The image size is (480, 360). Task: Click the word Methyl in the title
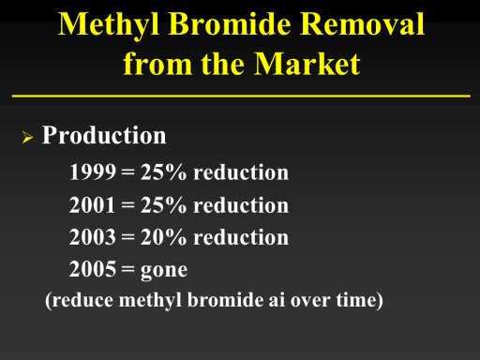109,25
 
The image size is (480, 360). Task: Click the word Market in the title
307,64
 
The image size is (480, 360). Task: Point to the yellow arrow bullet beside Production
27,137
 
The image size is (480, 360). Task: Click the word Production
104,135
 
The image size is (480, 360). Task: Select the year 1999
93,172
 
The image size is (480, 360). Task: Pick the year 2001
93,205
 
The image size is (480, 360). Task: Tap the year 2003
93,237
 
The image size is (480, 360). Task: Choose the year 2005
93,269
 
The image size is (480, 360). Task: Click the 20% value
163,237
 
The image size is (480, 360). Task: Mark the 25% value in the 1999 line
163,172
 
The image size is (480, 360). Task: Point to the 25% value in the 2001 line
163,205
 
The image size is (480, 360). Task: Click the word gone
164,271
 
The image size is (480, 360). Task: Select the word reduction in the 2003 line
241,237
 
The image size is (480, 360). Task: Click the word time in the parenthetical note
356,300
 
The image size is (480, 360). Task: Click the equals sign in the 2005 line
128,269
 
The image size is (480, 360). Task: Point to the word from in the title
157,64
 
